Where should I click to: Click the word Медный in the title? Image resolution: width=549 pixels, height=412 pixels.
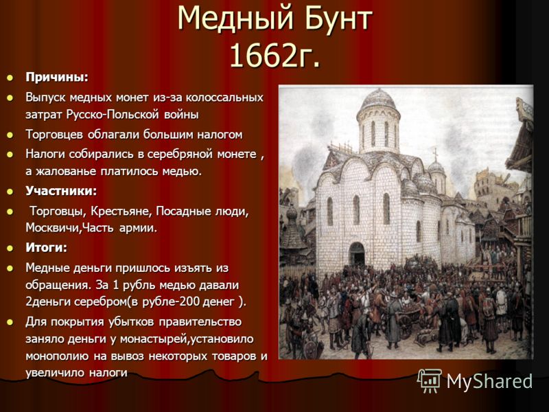pos(235,18)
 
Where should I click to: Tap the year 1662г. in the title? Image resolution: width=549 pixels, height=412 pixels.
pos(275,56)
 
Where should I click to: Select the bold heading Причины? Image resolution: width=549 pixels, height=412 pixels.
pos(57,78)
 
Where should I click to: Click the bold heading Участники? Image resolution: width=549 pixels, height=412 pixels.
pos(61,191)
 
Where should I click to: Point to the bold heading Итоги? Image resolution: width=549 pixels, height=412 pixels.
pos(46,248)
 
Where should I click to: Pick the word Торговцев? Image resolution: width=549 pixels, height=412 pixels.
pos(54,135)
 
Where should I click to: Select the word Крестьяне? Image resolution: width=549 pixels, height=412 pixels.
pos(121,211)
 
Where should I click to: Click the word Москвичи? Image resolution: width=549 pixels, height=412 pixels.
pos(54,228)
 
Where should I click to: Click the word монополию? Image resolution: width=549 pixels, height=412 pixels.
pos(57,356)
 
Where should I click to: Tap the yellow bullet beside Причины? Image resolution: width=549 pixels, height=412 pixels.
pos(10,78)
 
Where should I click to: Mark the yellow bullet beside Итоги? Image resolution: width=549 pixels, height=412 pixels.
pos(10,248)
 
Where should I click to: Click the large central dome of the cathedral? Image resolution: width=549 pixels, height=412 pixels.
pos(379,100)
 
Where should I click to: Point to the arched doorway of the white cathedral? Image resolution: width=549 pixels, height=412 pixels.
pos(357,253)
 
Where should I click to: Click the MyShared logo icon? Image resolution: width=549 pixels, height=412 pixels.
pos(430,380)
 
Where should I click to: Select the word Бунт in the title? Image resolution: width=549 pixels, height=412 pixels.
pos(338,18)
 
